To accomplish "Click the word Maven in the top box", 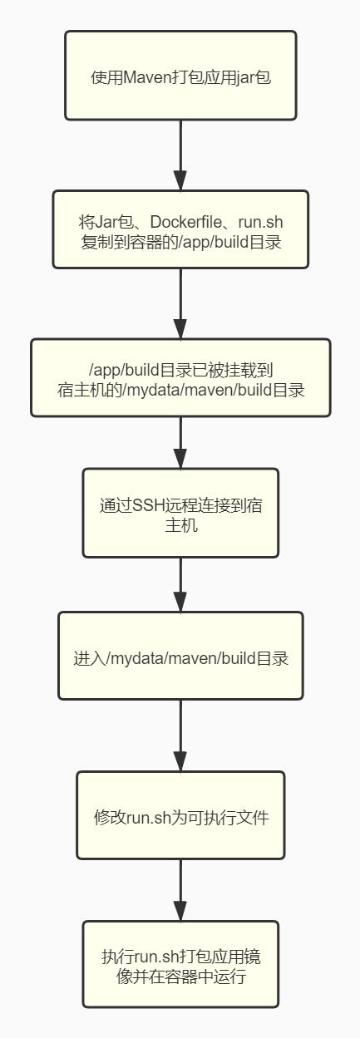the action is (x=148, y=77).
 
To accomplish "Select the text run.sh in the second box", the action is (x=260, y=222).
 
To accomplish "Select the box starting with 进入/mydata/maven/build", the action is (x=180, y=656).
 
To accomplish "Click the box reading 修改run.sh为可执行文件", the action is (x=180, y=815).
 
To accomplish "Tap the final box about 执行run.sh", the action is (x=180, y=964).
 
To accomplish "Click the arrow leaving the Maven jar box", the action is (x=180, y=155).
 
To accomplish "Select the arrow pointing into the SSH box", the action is (x=180, y=442).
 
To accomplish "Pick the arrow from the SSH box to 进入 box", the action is (x=180, y=584).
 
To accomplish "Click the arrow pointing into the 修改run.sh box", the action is (x=180, y=735).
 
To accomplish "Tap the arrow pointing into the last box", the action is (x=180, y=890).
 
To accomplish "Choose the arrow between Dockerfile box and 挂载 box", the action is (x=180, y=303).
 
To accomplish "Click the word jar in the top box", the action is (x=245, y=78).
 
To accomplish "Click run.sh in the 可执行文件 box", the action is (x=149, y=817).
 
